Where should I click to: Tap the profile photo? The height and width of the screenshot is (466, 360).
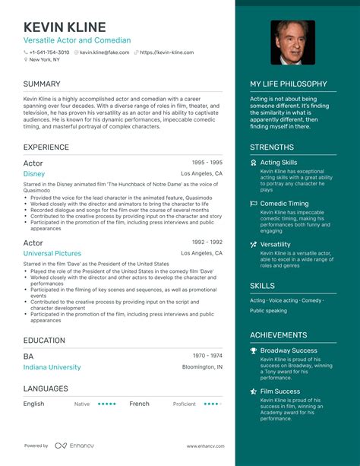pyautogui.click(x=292, y=43)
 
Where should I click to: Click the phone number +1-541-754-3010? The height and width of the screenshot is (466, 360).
pyautogui.click(x=49, y=52)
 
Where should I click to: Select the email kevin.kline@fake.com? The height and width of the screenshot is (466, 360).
pyautogui.click(x=105, y=52)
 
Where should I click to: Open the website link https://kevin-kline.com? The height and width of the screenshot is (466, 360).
pyautogui.click(x=166, y=52)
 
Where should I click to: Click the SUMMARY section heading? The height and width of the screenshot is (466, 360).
pyautogui.click(x=42, y=84)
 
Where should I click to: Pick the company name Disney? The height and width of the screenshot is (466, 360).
pyautogui.click(x=34, y=174)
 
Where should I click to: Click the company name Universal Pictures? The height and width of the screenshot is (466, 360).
pyautogui.click(x=52, y=253)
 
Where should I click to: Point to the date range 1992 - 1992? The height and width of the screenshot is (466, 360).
pyautogui.click(x=206, y=242)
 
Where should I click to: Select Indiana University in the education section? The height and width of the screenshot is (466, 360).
pyautogui.click(x=52, y=367)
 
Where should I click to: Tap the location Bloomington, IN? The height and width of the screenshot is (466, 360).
pyautogui.click(x=203, y=367)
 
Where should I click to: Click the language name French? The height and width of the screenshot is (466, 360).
pyautogui.click(x=139, y=404)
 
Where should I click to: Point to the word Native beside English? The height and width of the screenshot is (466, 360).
pyautogui.click(x=82, y=404)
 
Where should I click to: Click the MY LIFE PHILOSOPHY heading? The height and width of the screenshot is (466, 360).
pyautogui.click(x=289, y=84)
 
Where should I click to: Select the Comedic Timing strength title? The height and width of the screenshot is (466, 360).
pyautogui.click(x=285, y=204)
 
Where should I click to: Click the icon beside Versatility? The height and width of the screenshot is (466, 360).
pyautogui.click(x=254, y=245)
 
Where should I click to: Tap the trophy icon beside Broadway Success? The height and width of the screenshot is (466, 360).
pyautogui.click(x=254, y=350)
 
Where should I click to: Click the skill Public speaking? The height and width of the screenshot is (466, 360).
pyautogui.click(x=268, y=311)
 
